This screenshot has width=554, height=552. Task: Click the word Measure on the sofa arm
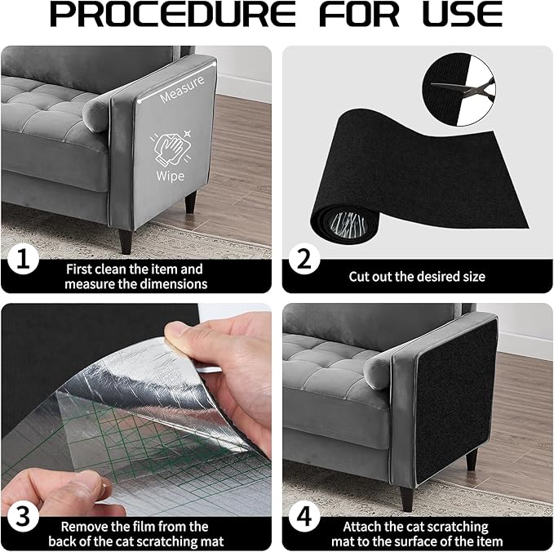pos(182,96)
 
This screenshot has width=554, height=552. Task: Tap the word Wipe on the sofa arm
pos(171,176)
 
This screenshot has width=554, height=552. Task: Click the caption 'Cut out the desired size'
pos(417,277)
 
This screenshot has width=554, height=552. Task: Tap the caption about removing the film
pos(135,533)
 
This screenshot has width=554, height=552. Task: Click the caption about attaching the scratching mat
pos(415,533)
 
